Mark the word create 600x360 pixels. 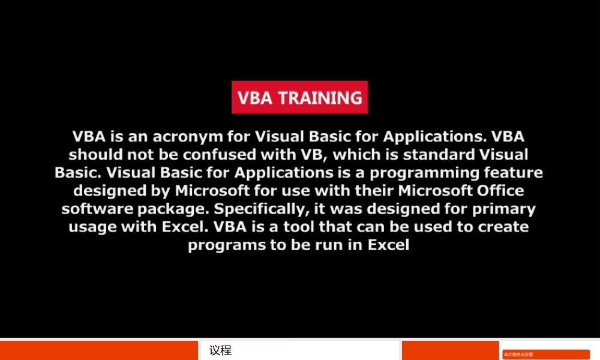(499, 227)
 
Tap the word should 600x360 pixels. (93, 154)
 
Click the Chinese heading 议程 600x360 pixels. (220, 350)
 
